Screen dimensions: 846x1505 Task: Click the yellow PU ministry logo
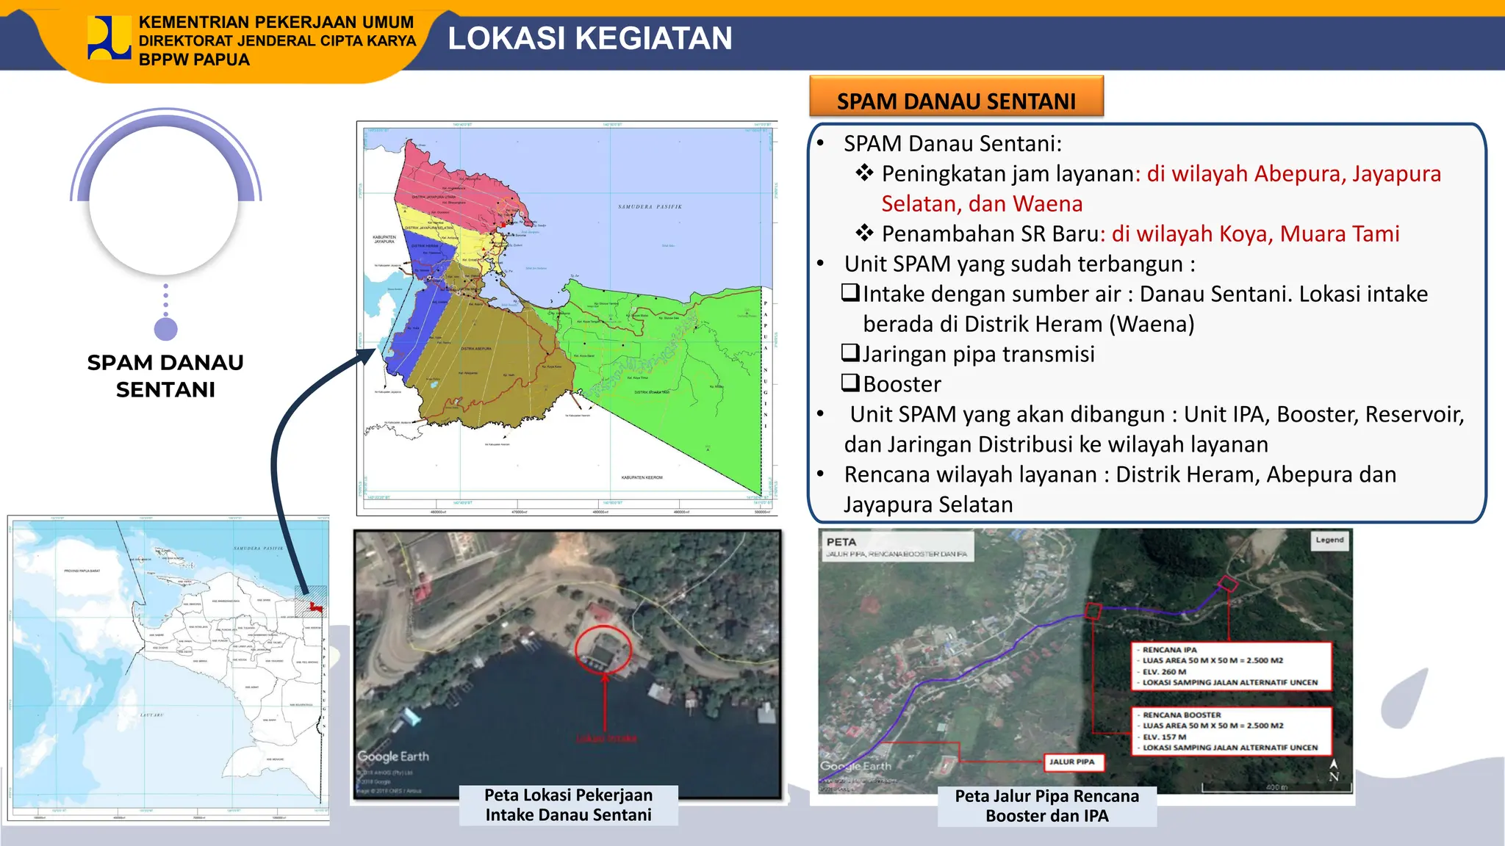pos(109,37)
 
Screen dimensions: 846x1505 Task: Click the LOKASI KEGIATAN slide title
pos(589,38)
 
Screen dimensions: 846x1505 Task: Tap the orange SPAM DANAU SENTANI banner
pos(956,100)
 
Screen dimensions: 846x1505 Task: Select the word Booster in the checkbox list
pos(902,384)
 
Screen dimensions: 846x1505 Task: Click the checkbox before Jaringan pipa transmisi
pos(850,353)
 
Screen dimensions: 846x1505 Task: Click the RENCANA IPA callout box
pos(1232,666)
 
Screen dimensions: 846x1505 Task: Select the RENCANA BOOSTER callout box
pos(1232,731)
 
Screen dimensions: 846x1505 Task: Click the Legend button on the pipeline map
pos(1329,540)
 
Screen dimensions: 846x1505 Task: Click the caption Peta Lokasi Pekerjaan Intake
pos(568,805)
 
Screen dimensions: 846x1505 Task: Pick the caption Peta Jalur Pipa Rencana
pos(1046,806)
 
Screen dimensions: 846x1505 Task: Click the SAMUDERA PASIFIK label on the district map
pos(650,207)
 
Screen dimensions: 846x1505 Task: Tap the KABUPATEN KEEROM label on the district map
pos(642,477)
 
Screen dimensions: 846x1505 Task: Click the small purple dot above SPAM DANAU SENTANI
pos(166,329)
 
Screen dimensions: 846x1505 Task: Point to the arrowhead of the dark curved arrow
pos(367,355)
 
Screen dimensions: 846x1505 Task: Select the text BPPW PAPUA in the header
pos(194,59)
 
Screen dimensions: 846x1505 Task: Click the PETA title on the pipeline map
pos(841,542)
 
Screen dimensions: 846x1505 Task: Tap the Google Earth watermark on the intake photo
pos(393,756)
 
